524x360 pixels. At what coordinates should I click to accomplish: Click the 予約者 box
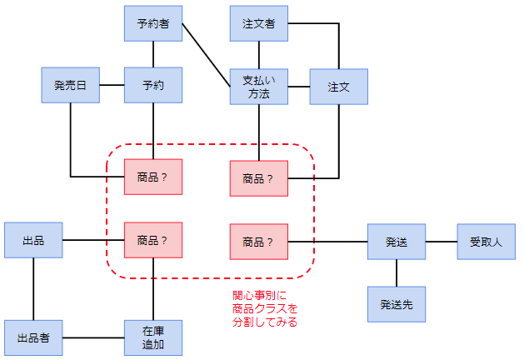153,23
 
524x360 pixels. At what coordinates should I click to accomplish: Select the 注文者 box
259,23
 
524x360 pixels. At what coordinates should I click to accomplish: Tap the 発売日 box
71,86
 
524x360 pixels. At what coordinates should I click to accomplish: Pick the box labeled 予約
153,86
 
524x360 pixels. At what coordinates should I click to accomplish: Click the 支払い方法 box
259,87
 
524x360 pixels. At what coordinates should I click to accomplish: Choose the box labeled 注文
338,87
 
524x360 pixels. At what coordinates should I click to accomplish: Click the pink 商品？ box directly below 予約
153,177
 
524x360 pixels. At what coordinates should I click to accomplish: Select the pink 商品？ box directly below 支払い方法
259,177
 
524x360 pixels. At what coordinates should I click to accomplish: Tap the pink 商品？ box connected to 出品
153,240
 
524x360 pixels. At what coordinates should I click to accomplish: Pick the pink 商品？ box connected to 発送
259,242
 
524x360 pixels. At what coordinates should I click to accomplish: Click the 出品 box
33,240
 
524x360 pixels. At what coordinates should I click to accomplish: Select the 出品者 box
33,337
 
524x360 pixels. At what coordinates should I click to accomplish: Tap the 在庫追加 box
153,337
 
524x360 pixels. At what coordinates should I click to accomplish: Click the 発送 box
397,242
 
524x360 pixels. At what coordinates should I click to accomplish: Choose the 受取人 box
486,242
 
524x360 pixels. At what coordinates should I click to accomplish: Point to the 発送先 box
397,304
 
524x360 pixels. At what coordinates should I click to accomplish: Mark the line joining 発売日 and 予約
112,86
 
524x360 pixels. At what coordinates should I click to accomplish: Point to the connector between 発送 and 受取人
441,242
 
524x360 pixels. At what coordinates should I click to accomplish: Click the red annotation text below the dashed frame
265,308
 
